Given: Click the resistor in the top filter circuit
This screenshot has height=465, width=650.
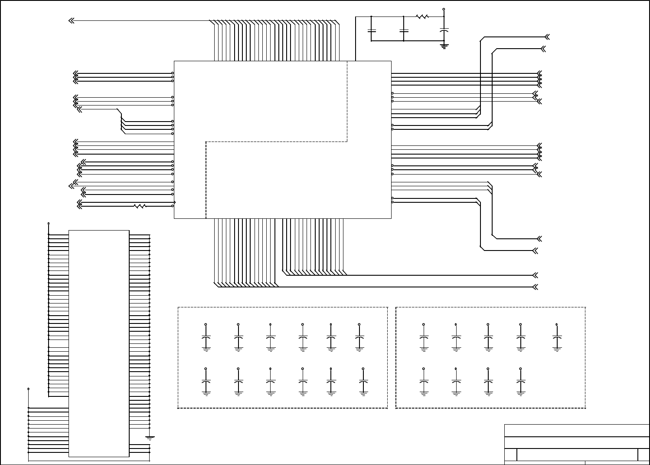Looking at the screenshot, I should (x=422, y=17).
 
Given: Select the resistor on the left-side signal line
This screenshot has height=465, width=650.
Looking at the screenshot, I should (x=140, y=206).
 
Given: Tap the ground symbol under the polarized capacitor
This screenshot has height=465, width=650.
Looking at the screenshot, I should (x=444, y=45).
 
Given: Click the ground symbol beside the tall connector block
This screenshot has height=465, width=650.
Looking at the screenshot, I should (x=150, y=438).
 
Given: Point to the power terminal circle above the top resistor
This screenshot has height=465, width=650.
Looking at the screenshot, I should (x=444, y=9).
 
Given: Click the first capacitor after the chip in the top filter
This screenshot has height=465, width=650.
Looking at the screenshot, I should (x=372, y=31).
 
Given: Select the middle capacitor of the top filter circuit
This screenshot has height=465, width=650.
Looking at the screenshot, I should (x=404, y=31).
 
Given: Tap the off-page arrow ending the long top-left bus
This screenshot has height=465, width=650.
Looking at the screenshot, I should (x=72, y=20).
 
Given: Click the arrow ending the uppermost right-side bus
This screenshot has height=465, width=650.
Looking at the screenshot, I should (x=547, y=37).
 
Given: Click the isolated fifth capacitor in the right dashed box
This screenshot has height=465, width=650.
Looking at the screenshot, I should (x=557, y=337).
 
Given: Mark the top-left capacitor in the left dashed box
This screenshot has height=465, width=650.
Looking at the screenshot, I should (x=206, y=337).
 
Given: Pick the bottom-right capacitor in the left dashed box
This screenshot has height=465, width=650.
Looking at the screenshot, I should (x=363, y=382).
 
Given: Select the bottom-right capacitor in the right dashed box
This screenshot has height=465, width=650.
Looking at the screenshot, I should (x=520, y=382).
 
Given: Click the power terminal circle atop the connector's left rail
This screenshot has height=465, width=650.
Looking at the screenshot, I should (x=49, y=224).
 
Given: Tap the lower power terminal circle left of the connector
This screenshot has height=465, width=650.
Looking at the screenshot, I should (x=29, y=389).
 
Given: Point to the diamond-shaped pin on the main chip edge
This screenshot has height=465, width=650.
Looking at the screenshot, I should (x=174, y=202).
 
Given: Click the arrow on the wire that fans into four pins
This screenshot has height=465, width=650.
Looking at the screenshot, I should (x=79, y=109).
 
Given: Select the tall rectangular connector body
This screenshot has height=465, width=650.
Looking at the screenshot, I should (x=99, y=343).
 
